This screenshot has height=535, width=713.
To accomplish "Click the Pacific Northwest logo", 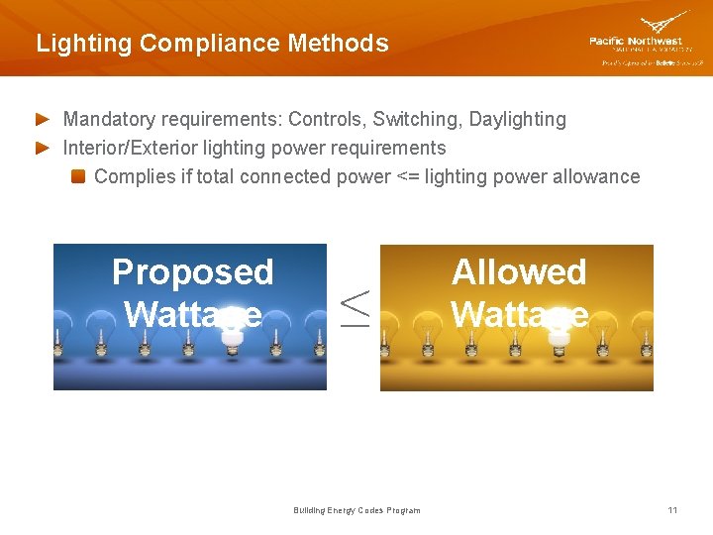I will click(x=646, y=40).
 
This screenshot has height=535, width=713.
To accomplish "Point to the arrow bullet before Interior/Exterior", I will click(x=43, y=149).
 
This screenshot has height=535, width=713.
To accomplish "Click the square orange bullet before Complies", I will click(x=77, y=177).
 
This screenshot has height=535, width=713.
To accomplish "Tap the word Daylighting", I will click(x=518, y=120).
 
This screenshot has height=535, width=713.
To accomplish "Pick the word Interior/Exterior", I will click(x=135, y=149).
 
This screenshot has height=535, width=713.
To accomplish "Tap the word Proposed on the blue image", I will click(x=192, y=271).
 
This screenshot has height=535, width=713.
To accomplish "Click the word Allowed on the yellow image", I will click(x=519, y=271).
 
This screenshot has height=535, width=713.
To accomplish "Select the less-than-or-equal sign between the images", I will click(x=355, y=307).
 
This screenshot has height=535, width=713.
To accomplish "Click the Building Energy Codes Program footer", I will click(x=356, y=510).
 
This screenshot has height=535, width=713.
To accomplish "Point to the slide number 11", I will click(x=672, y=510).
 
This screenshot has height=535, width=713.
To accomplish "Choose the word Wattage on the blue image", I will click(x=192, y=314).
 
